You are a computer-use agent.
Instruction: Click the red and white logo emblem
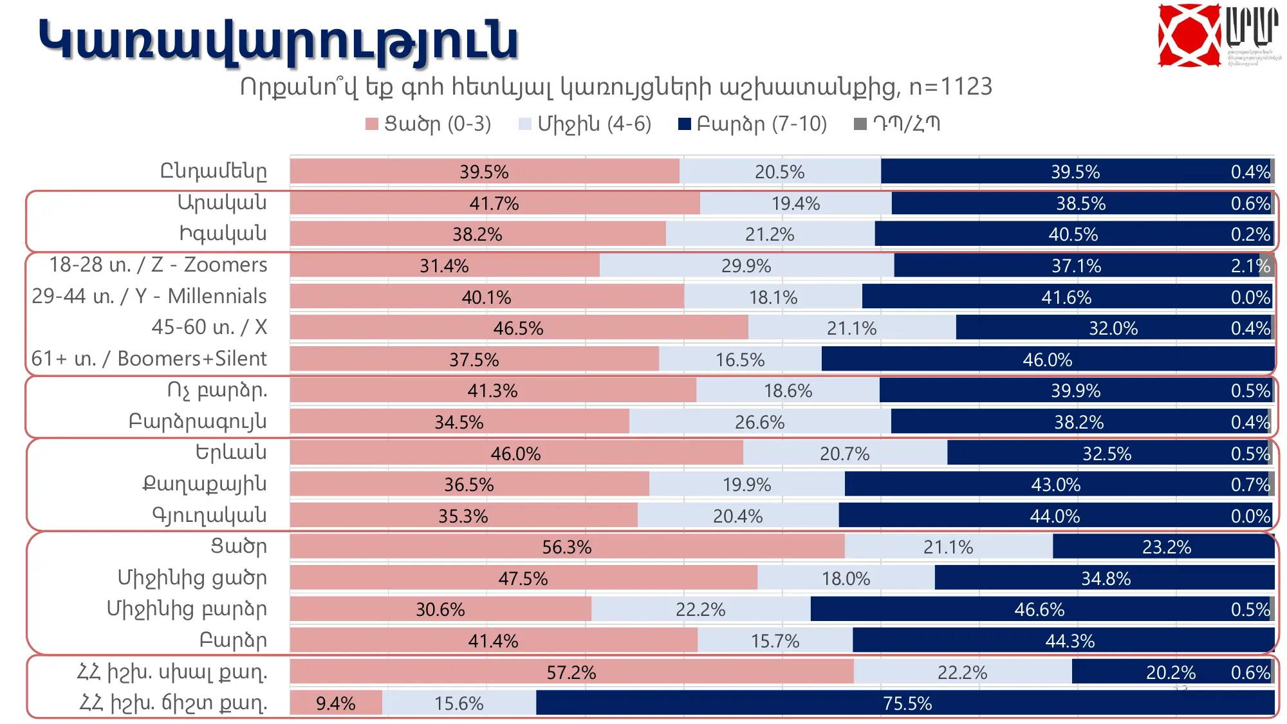coord(1189,35)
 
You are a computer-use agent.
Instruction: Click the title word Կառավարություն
coord(278,41)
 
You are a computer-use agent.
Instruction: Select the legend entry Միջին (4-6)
coord(586,124)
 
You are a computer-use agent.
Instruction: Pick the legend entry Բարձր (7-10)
coord(753,124)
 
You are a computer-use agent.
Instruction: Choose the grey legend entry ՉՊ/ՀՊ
coord(898,124)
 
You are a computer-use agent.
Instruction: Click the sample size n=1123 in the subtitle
coord(950,87)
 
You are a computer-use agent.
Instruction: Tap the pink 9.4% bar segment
coord(335,703)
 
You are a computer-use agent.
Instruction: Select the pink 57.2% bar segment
coord(571,672)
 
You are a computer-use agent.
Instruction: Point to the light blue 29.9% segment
coord(746,265)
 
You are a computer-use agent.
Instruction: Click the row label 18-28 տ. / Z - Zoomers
coord(158,265)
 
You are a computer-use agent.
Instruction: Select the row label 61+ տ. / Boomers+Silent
coord(149,358)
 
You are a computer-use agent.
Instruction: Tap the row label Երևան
coord(231,452)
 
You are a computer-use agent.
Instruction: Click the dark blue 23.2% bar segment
coord(1165,547)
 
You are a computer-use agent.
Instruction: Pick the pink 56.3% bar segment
coord(566,547)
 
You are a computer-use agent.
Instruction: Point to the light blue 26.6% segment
coord(759,422)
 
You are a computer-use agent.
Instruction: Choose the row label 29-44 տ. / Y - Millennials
coord(149,296)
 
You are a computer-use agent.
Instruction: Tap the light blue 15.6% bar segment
coord(458,703)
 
